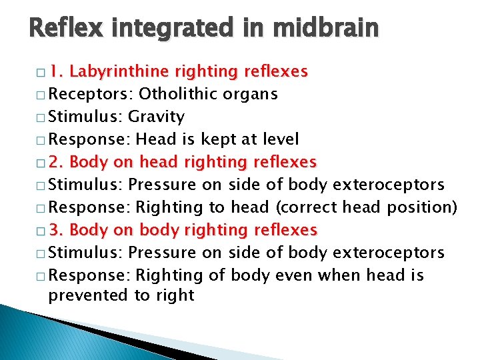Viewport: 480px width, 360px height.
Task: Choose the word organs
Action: coord(253,95)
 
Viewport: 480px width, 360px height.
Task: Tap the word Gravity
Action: coord(156,117)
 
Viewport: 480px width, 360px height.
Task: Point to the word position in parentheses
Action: coord(421,207)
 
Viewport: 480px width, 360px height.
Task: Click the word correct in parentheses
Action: coord(309,207)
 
